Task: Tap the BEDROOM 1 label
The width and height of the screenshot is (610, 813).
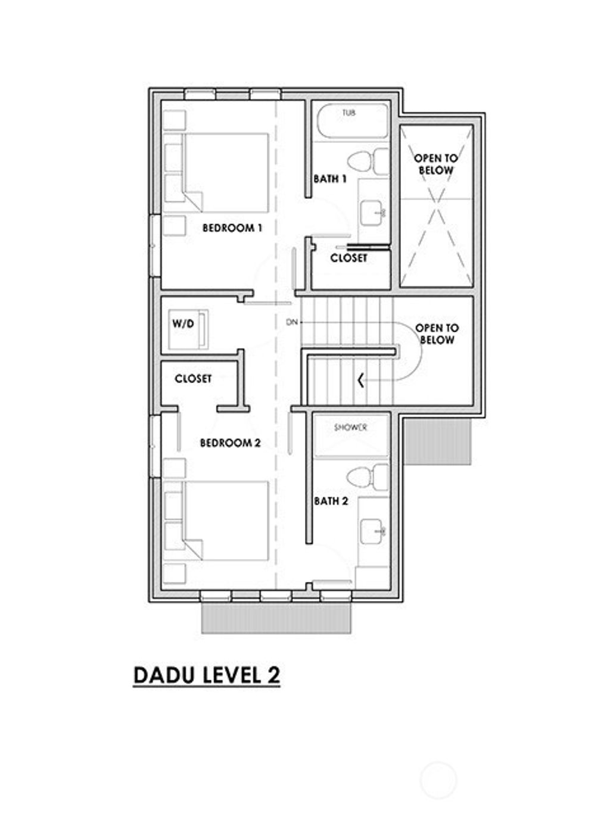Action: [x=232, y=228]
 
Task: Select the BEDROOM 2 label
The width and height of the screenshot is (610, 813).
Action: [x=230, y=443]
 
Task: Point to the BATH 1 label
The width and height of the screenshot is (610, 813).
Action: [x=330, y=179]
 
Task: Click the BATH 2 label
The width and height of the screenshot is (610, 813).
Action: [x=331, y=501]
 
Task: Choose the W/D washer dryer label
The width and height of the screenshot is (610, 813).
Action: [x=183, y=325]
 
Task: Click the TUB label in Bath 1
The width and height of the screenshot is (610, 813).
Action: [x=349, y=113]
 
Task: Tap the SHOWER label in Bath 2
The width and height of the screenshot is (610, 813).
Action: [x=350, y=428]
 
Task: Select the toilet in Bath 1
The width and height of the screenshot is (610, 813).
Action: [x=366, y=161]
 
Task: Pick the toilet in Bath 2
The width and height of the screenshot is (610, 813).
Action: [x=366, y=477]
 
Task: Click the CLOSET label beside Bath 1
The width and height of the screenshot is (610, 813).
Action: [x=349, y=258]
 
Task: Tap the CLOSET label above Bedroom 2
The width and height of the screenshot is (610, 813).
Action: [x=193, y=379]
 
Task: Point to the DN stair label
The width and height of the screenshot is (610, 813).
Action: [x=291, y=322]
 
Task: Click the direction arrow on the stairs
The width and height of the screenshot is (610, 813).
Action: [x=361, y=379]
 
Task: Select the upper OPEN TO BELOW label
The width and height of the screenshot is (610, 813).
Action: [x=436, y=164]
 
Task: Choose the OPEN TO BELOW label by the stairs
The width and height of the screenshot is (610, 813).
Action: [x=437, y=334]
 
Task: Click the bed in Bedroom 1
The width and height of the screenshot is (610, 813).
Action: [x=225, y=172]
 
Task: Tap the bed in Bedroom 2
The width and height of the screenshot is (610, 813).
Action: [x=225, y=521]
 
